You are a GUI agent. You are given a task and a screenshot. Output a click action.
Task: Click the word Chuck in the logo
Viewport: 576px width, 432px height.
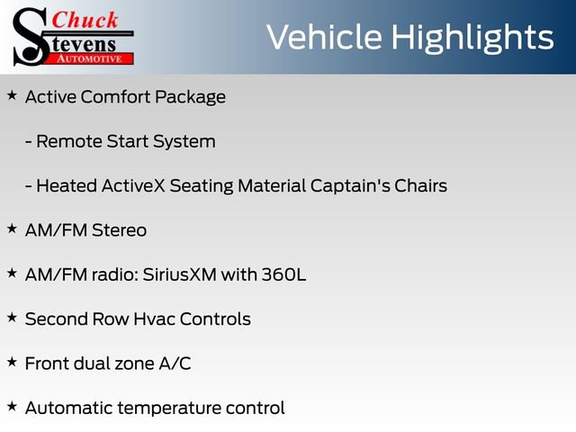click(85, 19)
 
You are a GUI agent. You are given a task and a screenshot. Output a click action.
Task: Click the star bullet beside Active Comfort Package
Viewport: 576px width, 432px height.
click(12, 94)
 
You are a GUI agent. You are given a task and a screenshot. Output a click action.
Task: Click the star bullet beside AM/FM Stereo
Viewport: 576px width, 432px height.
click(12, 229)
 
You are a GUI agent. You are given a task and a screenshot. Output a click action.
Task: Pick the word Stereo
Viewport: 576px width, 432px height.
click(119, 230)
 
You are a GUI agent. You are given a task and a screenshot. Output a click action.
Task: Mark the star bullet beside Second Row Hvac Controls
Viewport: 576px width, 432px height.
click(12, 317)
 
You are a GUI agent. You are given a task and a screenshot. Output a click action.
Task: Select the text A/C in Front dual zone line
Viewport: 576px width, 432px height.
click(174, 364)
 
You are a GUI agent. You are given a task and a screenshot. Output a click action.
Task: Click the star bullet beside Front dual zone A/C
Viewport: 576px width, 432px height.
click(12, 362)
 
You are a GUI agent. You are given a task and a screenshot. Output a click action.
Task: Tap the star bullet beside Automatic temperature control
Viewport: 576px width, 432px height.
click(12, 406)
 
